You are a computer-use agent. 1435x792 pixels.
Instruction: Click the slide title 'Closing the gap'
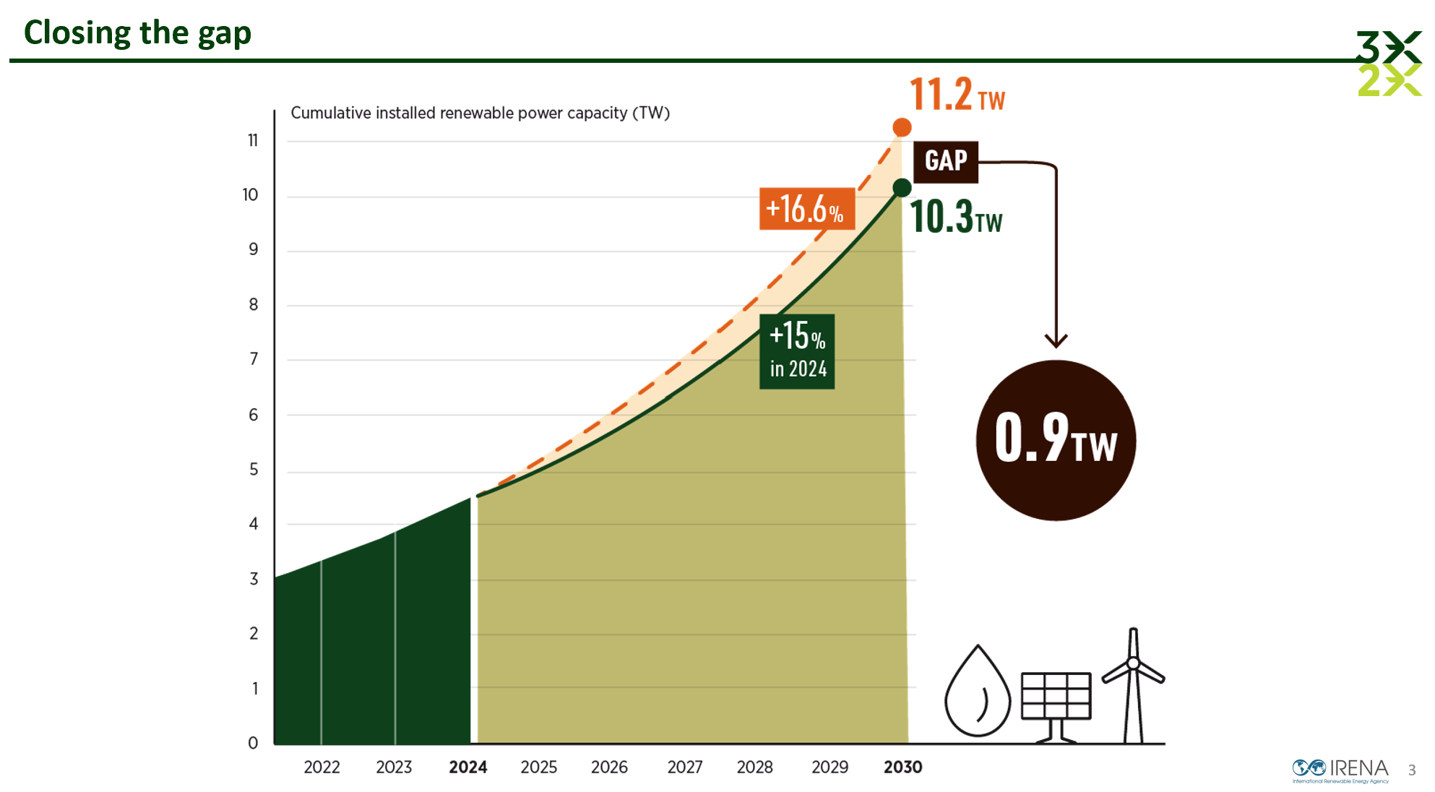137,33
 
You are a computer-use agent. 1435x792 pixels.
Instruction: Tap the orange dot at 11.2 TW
902,128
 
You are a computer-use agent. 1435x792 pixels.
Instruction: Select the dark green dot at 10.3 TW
902,188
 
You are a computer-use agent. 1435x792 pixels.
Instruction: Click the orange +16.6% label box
806,209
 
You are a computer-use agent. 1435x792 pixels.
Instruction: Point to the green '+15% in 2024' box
797,352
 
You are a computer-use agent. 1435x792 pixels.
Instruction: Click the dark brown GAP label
945,161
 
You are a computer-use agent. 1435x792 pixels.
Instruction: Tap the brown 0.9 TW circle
1056,440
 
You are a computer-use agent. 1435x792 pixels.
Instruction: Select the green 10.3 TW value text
955,217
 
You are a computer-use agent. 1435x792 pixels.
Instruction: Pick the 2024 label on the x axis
467,767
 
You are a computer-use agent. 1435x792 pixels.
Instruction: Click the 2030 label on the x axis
902,767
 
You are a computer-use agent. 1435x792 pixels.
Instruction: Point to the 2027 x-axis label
684,767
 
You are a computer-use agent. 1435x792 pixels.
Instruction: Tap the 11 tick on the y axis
253,140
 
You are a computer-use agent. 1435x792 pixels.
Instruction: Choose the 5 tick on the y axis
254,470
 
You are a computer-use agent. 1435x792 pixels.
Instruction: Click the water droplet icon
978,692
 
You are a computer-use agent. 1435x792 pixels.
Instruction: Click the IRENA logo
1340,770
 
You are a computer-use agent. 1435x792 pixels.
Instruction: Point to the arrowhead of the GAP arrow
1056,340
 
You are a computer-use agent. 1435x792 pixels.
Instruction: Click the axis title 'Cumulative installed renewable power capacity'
480,113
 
